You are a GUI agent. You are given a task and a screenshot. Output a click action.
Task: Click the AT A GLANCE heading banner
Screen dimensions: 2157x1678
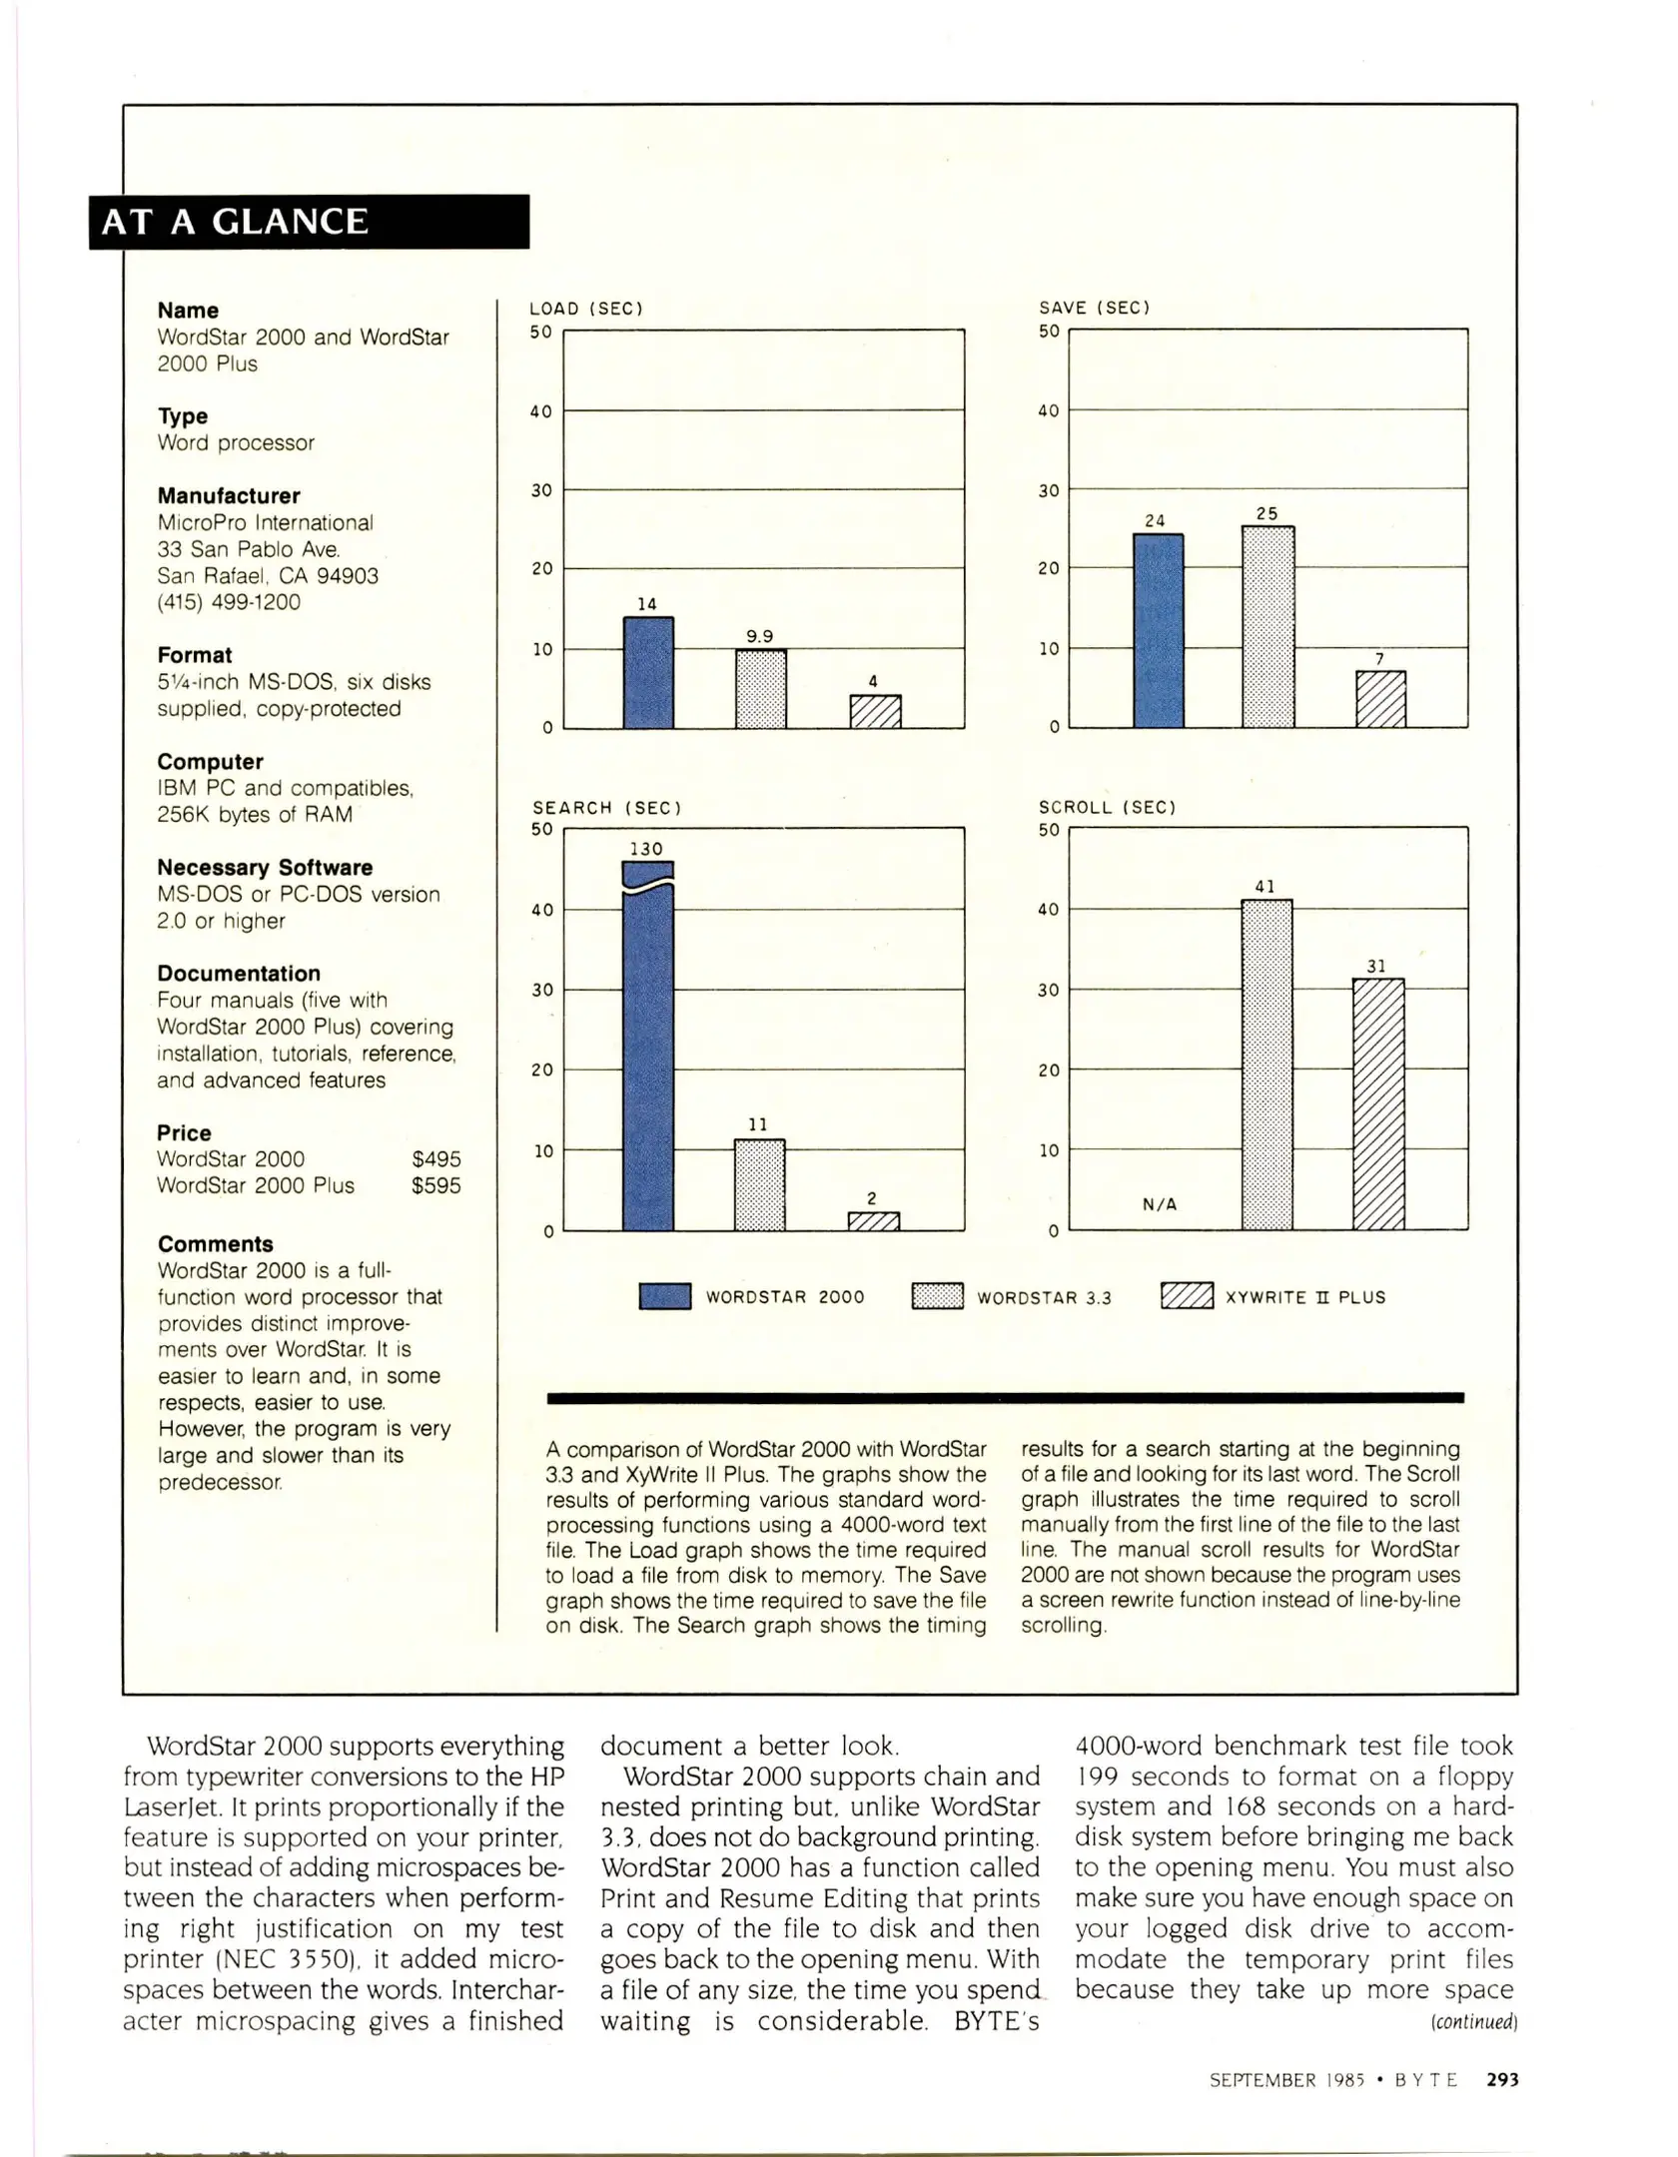(310, 222)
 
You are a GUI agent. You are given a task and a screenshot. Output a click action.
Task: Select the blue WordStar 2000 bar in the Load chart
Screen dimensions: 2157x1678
(648, 673)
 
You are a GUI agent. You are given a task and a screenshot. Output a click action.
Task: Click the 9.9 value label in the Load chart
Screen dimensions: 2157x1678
(760, 636)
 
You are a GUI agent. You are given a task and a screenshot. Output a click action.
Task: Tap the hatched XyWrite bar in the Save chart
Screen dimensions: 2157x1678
(1380, 699)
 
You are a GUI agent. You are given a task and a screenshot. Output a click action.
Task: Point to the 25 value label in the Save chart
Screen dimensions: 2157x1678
(1266, 513)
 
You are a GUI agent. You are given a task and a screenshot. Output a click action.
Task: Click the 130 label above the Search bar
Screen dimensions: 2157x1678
(646, 849)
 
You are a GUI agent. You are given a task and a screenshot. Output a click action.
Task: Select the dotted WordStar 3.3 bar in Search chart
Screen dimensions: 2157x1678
(759, 1185)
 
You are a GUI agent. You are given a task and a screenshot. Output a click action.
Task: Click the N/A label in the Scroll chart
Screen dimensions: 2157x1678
(1160, 1204)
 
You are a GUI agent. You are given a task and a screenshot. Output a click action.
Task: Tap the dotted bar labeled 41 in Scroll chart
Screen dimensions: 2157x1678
(1266, 1065)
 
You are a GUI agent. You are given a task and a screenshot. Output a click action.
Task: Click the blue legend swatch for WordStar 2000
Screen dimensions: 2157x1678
(664, 1296)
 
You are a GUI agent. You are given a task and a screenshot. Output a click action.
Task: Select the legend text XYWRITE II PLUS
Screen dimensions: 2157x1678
(1305, 1297)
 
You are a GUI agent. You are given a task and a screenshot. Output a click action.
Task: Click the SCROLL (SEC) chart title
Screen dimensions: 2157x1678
(1107, 807)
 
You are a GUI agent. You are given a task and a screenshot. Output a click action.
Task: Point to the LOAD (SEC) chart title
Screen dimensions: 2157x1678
(586, 309)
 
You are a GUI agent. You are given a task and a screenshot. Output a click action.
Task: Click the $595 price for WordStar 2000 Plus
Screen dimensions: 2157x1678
(436, 1185)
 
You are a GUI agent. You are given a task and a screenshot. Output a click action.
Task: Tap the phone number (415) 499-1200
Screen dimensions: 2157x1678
(229, 602)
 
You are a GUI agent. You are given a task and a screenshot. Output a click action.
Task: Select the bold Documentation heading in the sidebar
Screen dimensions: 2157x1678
(239, 974)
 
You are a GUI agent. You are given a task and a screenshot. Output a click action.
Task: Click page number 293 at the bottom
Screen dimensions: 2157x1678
(1502, 2079)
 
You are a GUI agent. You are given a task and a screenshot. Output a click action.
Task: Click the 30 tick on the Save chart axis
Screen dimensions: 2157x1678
(1048, 490)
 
